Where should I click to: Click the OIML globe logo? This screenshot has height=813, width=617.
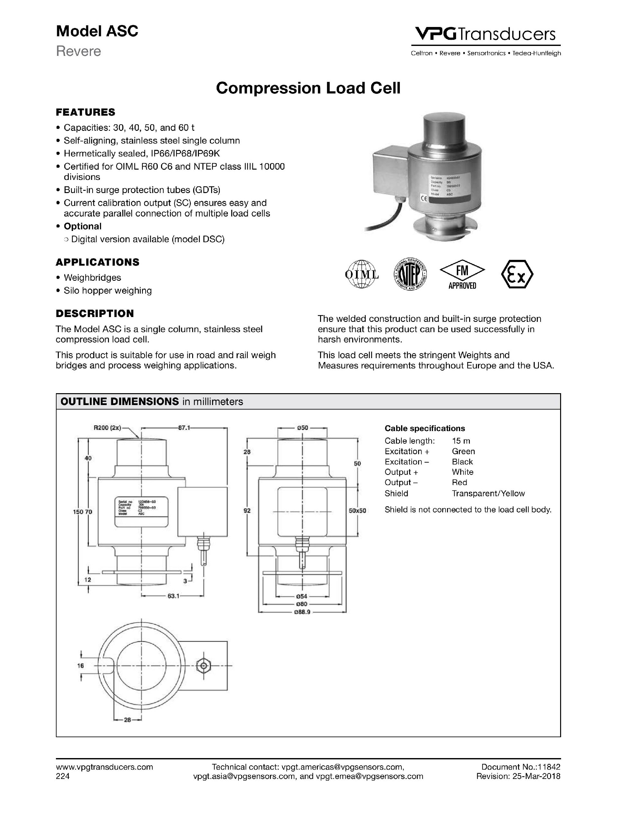tap(362, 274)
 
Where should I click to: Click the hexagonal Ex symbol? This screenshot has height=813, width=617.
tap(517, 274)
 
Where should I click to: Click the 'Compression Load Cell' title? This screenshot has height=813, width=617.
tap(308, 88)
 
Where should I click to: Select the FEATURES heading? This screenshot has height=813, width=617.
tap(85, 112)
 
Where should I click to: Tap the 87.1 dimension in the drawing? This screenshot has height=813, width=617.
tap(184, 428)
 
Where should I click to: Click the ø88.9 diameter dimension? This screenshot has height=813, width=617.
tap(302, 612)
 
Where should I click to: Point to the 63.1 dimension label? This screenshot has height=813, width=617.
tap(173, 596)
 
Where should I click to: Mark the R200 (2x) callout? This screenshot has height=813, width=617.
tap(107, 428)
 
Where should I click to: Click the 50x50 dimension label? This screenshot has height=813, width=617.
tap(357, 510)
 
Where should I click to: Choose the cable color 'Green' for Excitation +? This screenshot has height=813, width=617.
tap(463, 451)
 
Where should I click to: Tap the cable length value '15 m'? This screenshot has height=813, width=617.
tap(461, 441)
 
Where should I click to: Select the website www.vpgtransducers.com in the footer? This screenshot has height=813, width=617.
tap(104, 767)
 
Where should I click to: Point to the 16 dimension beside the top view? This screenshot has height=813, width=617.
tap(81, 665)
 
